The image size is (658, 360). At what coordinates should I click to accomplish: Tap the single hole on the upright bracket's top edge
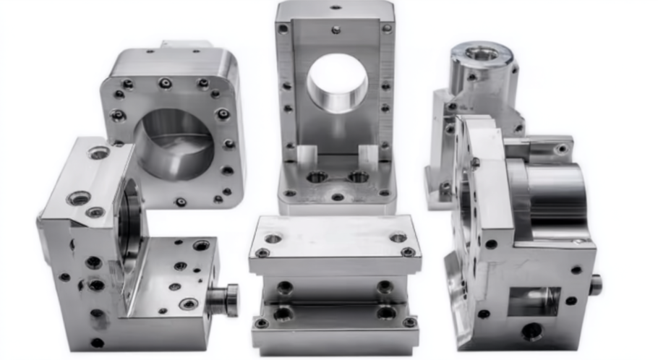click(336, 7)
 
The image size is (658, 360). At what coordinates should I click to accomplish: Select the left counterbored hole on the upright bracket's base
click(316, 176)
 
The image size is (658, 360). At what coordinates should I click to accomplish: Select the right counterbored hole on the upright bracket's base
click(357, 176)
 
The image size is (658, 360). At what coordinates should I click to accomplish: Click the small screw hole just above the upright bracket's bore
click(336, 30)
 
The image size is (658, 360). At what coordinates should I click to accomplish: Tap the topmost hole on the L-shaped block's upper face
click(99, 153)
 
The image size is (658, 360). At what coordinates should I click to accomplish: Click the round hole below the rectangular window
click(532, 331)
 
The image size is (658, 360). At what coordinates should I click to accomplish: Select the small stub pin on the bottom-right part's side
click(595, 284)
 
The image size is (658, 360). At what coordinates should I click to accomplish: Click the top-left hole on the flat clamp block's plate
click(273, 239)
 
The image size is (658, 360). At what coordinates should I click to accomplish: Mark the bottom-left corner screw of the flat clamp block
click(262, 323)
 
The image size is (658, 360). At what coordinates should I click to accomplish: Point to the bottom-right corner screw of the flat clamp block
click(409, 322)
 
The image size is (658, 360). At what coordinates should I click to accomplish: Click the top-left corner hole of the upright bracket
click(283, 29)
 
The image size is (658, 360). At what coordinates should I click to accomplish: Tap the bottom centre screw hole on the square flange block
click(180, 202)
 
